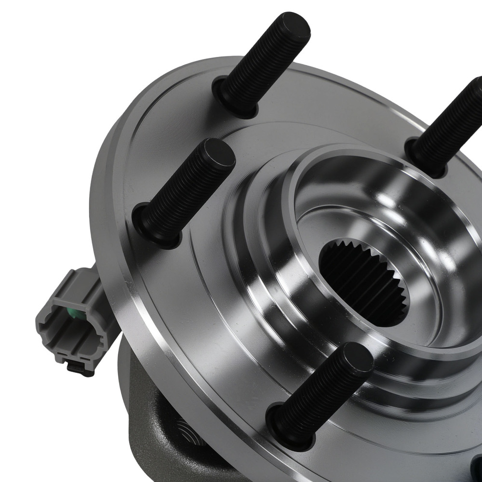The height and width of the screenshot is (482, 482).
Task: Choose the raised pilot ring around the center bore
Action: pyautogui.click(x=289, y=193)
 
